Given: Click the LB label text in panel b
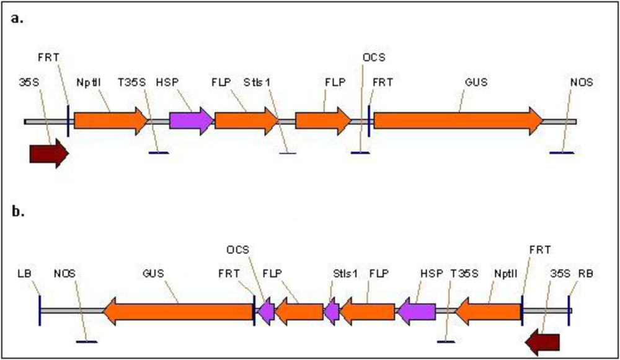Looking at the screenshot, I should tap(25, 273).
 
